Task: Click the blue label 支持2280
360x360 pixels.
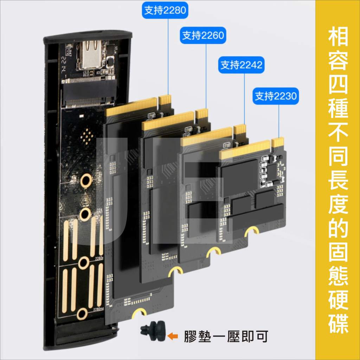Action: tap(165, 10)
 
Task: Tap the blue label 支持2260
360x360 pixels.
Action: tap(203, 36)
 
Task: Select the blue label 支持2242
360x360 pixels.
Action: tap(241, 65)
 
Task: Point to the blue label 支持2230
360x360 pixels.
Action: tap(276, 96)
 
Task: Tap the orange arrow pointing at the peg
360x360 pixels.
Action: tap(173, 336)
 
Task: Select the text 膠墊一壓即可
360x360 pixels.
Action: tap(226, 336)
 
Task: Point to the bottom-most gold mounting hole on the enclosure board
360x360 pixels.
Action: tap(82, 314)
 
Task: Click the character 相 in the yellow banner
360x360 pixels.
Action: tap(338, 36)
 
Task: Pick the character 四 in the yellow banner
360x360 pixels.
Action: tap(338, 84)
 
